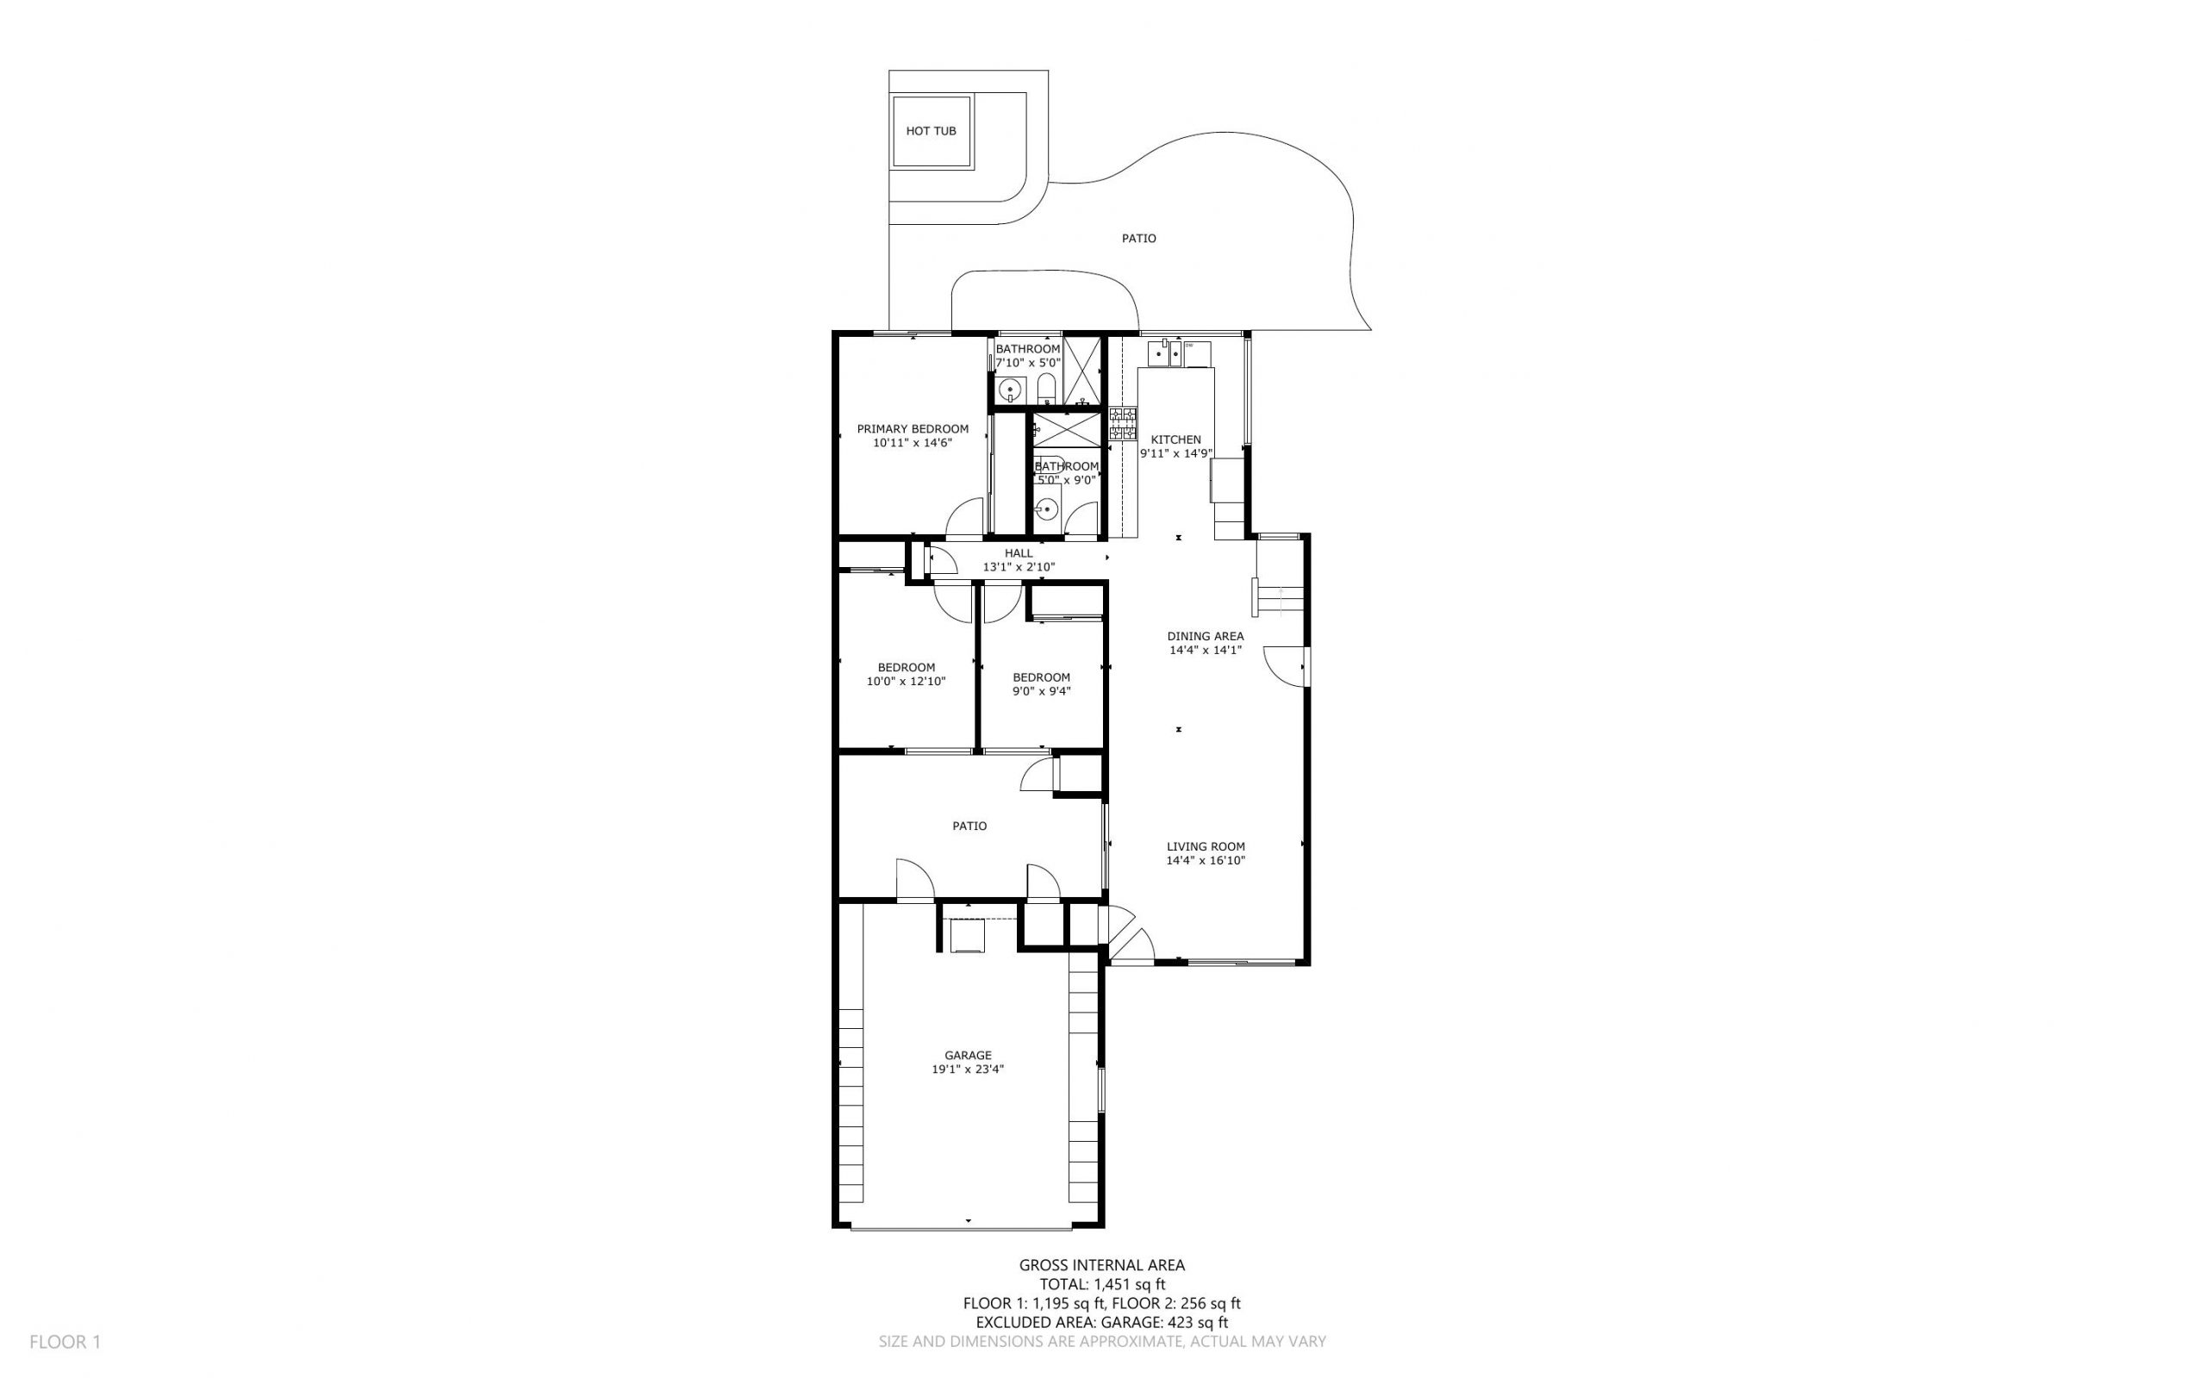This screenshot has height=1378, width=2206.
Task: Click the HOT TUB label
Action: coord(931,131)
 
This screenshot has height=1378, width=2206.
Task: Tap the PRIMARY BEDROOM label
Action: coord(912,429)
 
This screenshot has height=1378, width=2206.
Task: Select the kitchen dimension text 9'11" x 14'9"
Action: coord(1175,453)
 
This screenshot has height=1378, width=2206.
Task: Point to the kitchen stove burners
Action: coord(1122,425)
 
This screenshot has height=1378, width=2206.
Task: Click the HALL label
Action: coord(1018,553)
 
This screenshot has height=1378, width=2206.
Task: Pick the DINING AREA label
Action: coord(1205,636)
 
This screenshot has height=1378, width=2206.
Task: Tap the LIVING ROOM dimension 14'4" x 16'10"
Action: coord(1205,860)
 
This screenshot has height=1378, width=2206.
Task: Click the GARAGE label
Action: coord(967,1056)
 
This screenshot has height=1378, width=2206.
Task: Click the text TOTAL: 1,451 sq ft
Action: coord(1101,1284)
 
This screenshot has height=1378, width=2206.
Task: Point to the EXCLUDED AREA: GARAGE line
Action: coord(1101,1322)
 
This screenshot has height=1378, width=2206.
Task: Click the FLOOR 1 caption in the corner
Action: coord(65,1342)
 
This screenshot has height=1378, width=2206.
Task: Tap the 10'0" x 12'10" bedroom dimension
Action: coord(906,681)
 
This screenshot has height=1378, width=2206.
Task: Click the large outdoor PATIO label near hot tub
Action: coord(1138,239)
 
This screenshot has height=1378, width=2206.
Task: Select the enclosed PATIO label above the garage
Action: coord(969,826)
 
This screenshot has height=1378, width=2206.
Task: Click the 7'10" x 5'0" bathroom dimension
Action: coord(1027,363)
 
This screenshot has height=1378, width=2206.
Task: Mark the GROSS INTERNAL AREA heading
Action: coord(1101,1265)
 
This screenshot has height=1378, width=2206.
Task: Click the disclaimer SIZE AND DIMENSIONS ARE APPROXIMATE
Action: coord(1101,1342)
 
